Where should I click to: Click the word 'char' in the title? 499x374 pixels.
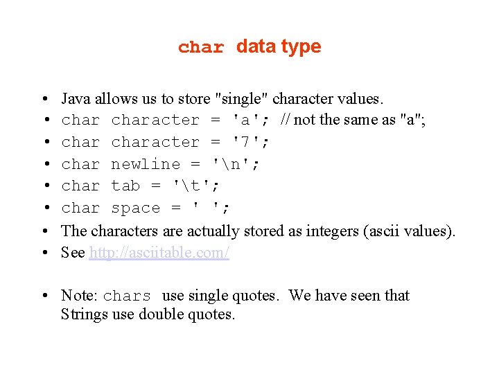tap(201, 48)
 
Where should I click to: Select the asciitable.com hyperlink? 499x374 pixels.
tap(159, 253)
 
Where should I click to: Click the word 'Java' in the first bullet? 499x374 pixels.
tap(76, 98)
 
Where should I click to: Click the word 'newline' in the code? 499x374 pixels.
tap(146, 164)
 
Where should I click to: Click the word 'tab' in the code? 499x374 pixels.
tap(126, 186)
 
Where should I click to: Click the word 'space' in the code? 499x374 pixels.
tap(136, 208)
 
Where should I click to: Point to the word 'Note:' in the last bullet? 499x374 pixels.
tap(79, 296)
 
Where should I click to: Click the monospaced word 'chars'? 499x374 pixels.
tap(127, 296)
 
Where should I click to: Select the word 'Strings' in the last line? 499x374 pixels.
tap(84, 314)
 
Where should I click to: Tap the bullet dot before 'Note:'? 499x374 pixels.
tap(44, 296)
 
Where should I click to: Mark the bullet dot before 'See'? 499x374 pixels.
tap(44, 253)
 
